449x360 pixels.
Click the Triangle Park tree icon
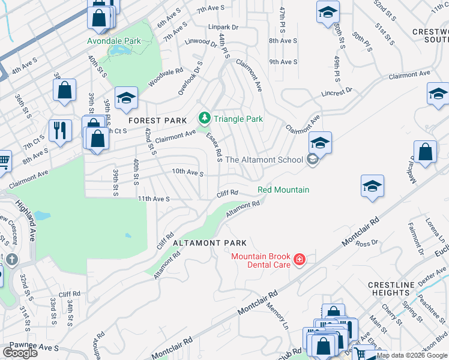(205, 118)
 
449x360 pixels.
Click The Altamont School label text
(264, 160)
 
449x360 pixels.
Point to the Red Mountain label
(283, 190)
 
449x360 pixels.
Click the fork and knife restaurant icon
(59, 131)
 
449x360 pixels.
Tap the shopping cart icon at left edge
(4, 161)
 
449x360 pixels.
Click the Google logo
(20, 353)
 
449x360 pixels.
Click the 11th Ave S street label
(154, 198)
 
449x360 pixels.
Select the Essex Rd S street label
(214, 146)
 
